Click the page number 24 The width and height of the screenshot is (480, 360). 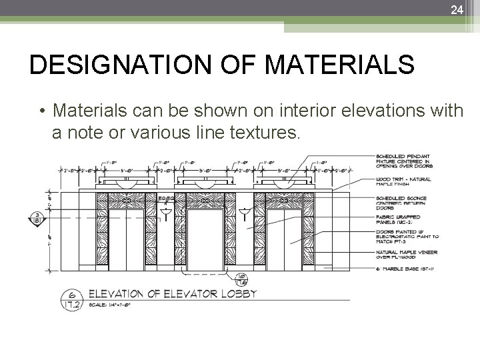[456, 9]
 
